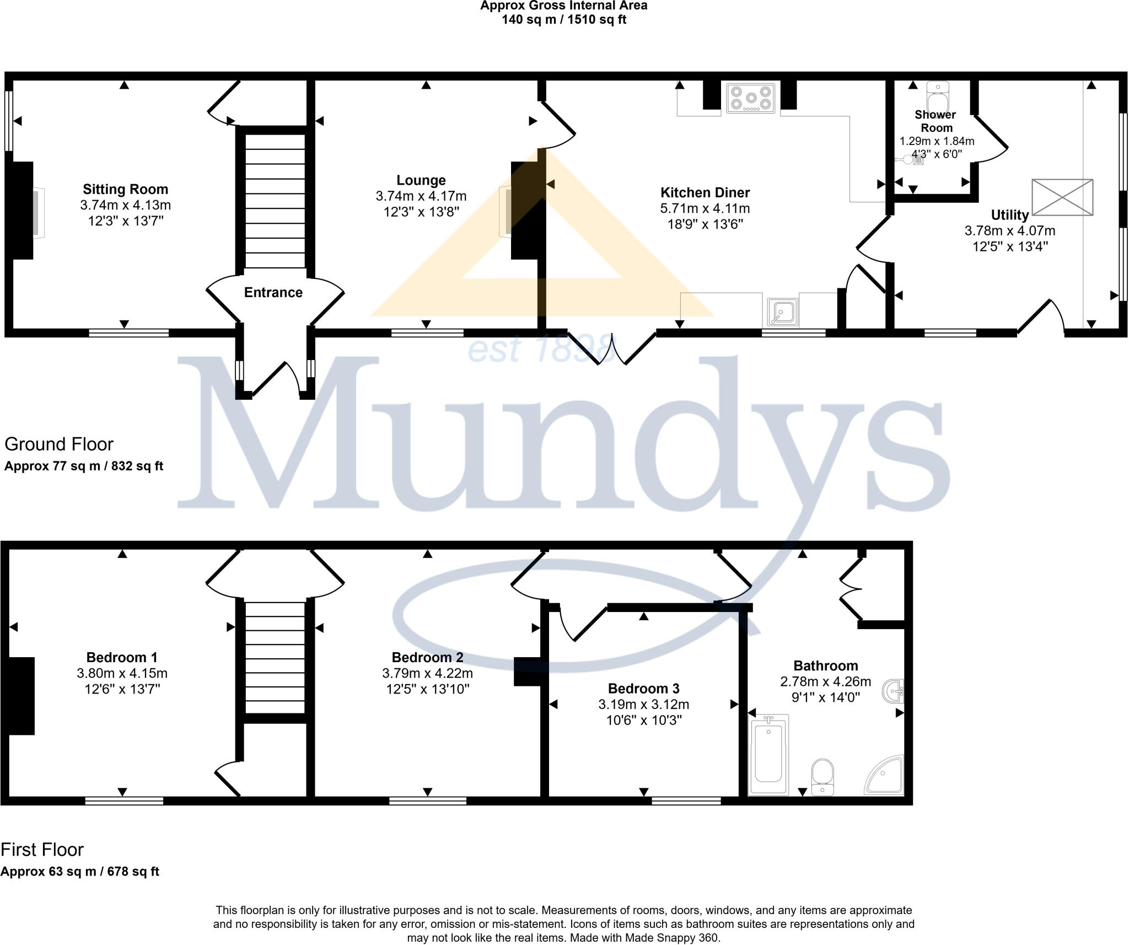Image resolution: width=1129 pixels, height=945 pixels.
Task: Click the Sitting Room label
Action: pyautogui.click(x=125, y=189)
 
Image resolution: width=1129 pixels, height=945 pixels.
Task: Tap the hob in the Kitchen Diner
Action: pyautogui.click(x=750, y=98)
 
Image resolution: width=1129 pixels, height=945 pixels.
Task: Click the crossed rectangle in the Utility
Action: pyautogui.click(x=1062, y=197)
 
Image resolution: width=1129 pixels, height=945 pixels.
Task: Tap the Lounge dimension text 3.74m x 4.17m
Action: pyautogui.click(x=421, y=196)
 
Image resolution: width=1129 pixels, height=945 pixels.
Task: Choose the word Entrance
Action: pyautogui.click(x=273, y=292)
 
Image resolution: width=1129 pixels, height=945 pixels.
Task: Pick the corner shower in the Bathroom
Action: pyautogui.click(x=886, y=776)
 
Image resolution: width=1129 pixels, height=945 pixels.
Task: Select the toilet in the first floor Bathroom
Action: pyautogui.click(x=822, y=777)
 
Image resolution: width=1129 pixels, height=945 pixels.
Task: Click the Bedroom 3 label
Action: pyautogui.click(x=643, y=688)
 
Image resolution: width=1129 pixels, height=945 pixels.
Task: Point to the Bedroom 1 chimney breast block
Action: pyautogui.click(x=21, y=696)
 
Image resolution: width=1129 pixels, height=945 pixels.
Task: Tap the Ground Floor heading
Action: pyautogui.click(x=59, y=444)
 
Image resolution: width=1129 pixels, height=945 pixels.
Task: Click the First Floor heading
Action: pyautogui.click(x=42, y=850)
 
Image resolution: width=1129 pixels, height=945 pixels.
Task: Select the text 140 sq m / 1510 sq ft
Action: pyautogui.click(x=563, y=20)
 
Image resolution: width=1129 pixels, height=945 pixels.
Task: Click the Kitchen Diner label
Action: pyautogui.click(x=705, y=192)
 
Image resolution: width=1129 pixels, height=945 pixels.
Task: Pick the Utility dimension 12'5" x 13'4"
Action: pyautogui.click(x=1009, y=246)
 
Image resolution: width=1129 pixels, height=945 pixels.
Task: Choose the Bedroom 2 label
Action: pyautogui.click(x=427, y=657)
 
